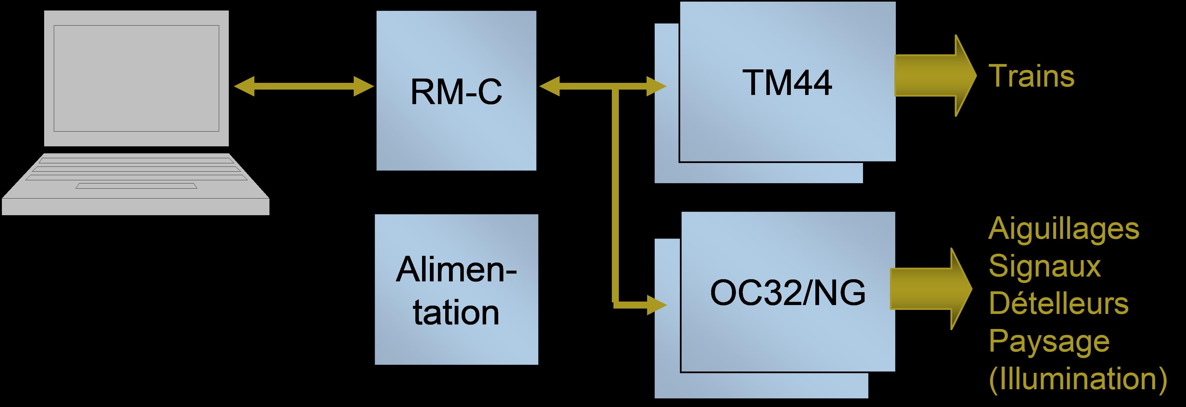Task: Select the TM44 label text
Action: click(787, 83)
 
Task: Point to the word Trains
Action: click(1031, 76)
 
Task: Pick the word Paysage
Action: click(1049, 342)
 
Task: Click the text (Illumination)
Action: click(1077, 379)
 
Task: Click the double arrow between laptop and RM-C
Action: click(304, 86)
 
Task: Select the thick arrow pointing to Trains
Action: click(935, 76)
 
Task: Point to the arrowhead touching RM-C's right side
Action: click(549, 86)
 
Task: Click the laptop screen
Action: click(136, 78)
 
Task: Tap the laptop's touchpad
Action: click(136, 186)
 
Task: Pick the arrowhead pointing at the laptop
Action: click(244, 86)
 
